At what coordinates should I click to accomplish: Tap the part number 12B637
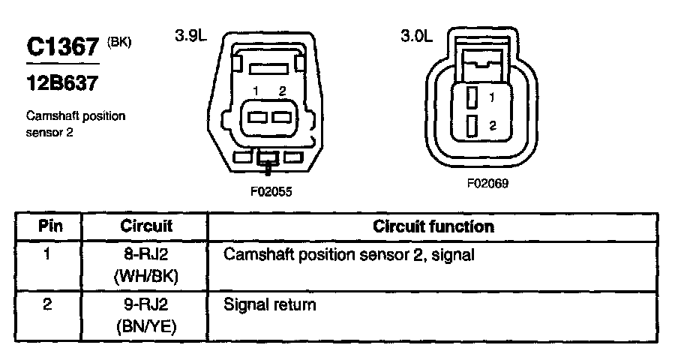pos(62,84)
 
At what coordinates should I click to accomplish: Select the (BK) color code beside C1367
pos(119,43)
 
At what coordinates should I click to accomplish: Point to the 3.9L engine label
pos(190,36)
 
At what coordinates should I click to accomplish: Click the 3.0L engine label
pos(417,36)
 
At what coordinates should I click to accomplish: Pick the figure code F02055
pos(271,191)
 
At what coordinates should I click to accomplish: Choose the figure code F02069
pos(488,182)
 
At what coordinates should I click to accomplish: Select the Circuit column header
pos(146,226)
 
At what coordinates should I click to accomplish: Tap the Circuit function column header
pos(433,226)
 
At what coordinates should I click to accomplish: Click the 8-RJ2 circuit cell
pos(146,255)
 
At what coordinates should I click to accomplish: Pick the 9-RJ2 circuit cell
pos(146,305)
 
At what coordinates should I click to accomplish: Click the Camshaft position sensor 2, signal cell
pos(349,255)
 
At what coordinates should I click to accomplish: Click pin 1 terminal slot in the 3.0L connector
pos(472,97)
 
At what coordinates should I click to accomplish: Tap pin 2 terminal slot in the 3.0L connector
pos(472,126)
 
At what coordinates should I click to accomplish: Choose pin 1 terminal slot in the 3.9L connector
pos(257,117)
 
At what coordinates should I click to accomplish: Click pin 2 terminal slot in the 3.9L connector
pos(281,117)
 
